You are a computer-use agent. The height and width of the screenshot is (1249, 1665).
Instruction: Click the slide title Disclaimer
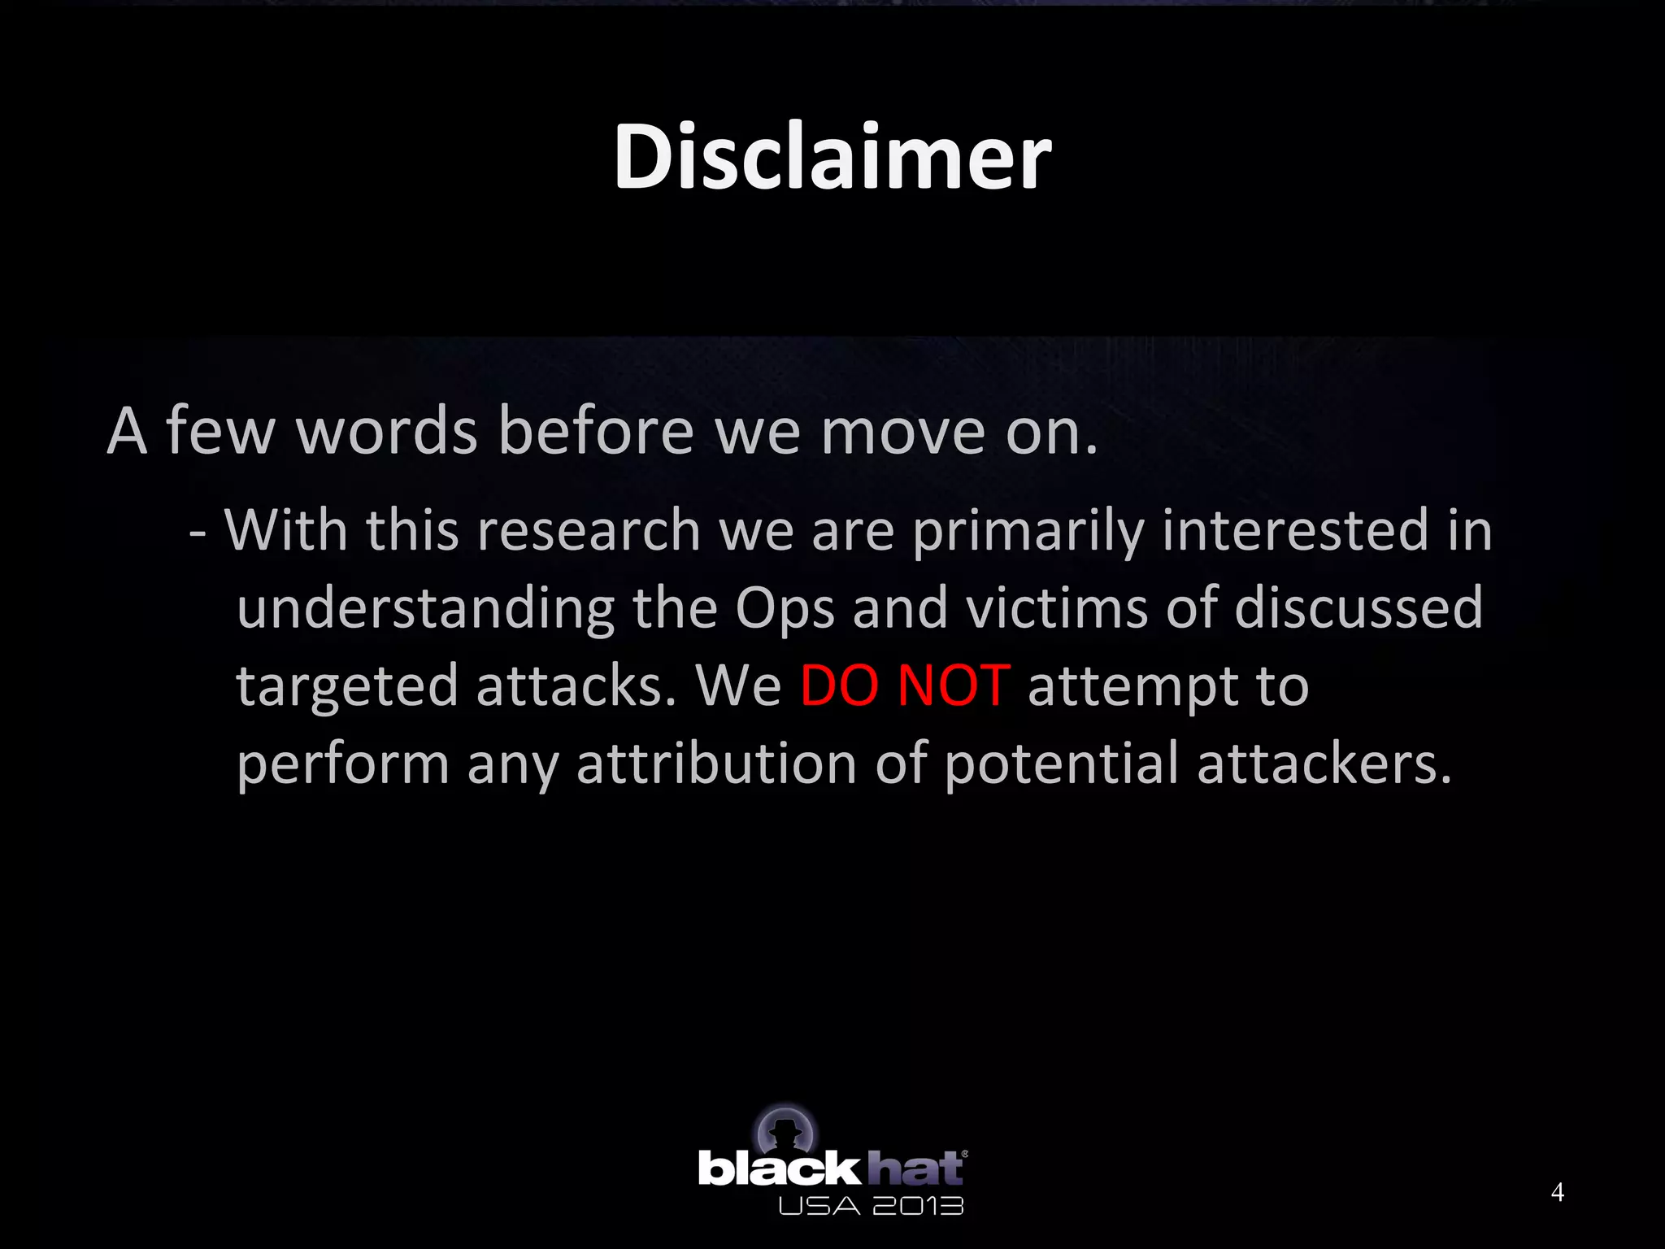click(x=832, y=156)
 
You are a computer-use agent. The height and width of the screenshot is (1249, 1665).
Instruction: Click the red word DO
click(x=839, y=685)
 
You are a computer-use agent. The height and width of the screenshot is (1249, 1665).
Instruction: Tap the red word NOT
click(x=954, y=685)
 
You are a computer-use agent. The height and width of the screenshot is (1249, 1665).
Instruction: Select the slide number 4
click(x=1557, y=1192)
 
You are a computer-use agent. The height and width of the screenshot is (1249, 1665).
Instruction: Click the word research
click(x=589, y=530)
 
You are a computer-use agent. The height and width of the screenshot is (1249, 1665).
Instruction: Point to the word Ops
click(x=785, y=608)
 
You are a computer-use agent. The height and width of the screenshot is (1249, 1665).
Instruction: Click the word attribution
click(x=716, y=764)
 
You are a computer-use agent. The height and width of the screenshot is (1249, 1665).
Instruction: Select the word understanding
click(x=425, y=608)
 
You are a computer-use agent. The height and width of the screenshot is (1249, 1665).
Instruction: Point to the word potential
click(x=1061, y=765)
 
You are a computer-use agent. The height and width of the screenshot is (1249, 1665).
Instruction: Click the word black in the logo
click(x=778, y=1169)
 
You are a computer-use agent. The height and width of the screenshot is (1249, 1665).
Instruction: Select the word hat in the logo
click(x=915, y=1168)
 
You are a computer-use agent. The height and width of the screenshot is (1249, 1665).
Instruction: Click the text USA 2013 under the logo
click(x=870, y=1206)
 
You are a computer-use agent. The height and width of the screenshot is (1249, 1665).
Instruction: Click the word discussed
click(x=1359, y=607)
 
